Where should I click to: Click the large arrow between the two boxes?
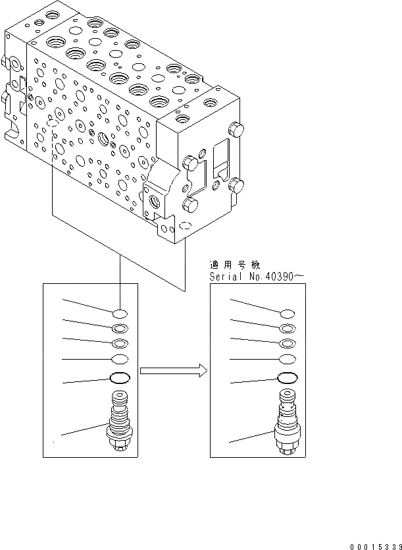(x=174, y=371)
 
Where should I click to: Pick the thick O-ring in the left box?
(x=120, y=378)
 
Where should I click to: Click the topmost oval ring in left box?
(x=120, y=313)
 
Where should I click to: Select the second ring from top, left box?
(x=120, y=328)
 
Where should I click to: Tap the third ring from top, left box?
(x=120, y=343)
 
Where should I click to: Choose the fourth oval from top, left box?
(x=120, y=359)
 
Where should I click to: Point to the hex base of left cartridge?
(x=119, y=447)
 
